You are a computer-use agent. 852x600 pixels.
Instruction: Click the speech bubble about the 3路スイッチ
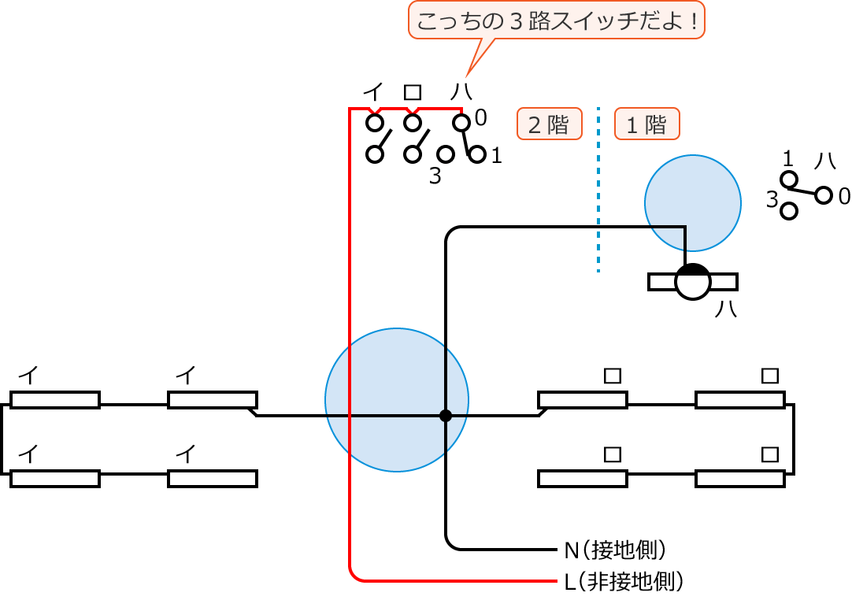click(x=557, y=20)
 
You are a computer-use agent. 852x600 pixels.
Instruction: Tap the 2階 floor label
click(x=549, y=124)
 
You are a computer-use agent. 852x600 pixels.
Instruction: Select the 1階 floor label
click(x=646, y=124)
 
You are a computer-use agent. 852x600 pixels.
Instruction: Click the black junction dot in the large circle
click(x=446, y=415)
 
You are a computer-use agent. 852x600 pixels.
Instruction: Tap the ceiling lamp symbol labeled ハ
click(x=693, y=281)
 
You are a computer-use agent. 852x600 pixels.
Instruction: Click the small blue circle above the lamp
click(x=692, y=202)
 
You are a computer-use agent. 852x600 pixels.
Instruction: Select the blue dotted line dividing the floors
click(x=598, y=189)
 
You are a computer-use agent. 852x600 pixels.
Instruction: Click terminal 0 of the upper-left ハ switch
click(x=461, y=123)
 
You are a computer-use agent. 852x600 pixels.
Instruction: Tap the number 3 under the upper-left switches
click(x=435, y=176)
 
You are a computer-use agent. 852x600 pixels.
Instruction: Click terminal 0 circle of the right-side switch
click(x=824, y=194)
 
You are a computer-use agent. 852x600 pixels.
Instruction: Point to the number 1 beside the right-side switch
click(x=788, y=158)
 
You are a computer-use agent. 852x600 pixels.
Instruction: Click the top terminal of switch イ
click(x=375, y=123)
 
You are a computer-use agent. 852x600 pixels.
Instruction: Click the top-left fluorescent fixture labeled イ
click(x=55, y=400)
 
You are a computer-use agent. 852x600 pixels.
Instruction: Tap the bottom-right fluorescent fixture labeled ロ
click(x=739, y=478)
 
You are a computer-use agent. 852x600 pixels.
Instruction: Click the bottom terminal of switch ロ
click(x=413, y=154)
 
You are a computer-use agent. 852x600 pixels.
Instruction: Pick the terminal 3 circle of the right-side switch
click(x=789, y=210)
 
